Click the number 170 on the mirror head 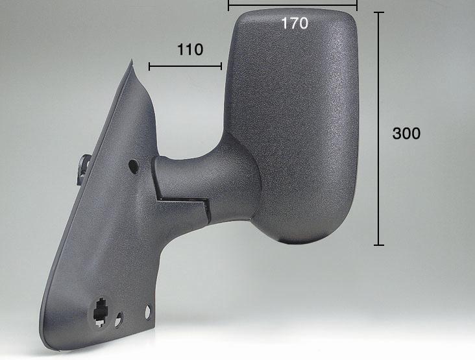(295, 23)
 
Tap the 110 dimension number (190, 49)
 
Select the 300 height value (406, 133)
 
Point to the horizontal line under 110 (186, 66)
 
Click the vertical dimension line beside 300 (379, 128)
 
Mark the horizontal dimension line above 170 (293, 5)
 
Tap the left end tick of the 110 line (149, 66)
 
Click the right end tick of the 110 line (221, 66)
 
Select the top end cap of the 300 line (379, 12)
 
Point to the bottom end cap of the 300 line (379, 245)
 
